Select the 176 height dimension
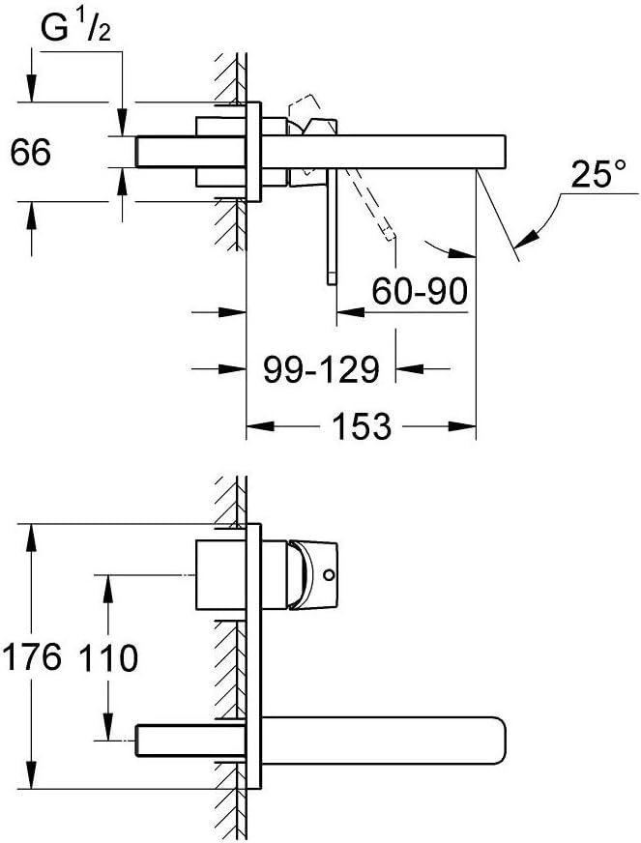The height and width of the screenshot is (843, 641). [x=33, y=657]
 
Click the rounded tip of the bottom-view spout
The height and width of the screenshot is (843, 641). [x=500, y=741]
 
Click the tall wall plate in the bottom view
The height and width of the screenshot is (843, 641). [x=254, y=657]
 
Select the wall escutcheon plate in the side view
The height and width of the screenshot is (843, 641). [x=254, y=152]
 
